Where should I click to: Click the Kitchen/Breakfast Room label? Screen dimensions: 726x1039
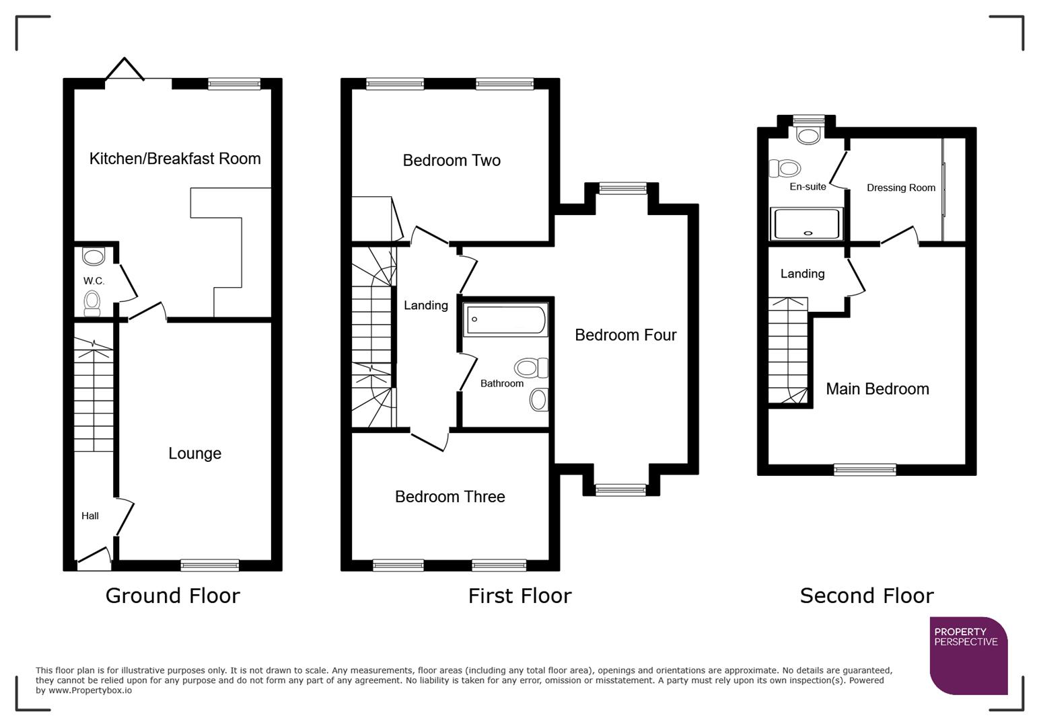pos(175,159)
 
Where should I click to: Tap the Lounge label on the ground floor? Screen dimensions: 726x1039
pos(194,454)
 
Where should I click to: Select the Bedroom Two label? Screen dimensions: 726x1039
pos(452,161)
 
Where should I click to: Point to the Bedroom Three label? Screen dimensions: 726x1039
pos(450,497)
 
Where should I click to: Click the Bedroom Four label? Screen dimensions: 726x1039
pos(625,335)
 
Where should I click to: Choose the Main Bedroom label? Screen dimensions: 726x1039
pos(877,389)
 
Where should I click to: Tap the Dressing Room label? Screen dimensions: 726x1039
pos(900,188)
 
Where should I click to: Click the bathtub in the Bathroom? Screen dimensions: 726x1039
pos(505,320)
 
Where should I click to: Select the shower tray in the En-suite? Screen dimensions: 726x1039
pos(807,224)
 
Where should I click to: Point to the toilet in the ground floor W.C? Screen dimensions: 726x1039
pos(92,303)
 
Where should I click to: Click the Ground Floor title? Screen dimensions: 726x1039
pos(172,596)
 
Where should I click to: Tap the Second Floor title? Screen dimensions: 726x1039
pos(866,596)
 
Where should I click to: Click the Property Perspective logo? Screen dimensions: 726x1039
pos(968,655)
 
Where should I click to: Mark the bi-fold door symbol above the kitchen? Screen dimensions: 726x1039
pos(124,70)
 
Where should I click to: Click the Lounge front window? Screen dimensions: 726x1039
pos(210,565)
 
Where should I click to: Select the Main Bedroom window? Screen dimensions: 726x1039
pos(865,470)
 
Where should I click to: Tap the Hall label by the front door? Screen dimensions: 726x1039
pos(90,516)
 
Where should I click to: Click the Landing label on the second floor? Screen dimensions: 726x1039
pos(802,274)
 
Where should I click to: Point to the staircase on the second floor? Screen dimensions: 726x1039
pos(788,352)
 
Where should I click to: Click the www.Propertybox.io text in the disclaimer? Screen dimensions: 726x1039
pos(89,690)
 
